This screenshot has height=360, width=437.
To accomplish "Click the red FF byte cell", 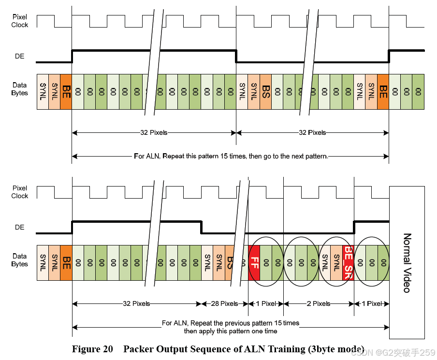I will point(254,262).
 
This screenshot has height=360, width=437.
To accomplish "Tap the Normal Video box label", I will point(407,262).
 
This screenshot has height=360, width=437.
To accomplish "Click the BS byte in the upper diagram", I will point(265,91).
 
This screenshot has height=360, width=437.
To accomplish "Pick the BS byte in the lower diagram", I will point(231,262).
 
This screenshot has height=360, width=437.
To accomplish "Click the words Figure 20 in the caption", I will point(92,349).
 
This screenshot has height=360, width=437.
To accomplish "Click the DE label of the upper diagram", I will point(19,56).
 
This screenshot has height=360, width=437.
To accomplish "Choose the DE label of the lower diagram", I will point(19,227).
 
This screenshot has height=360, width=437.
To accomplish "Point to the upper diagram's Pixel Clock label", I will point(20,21).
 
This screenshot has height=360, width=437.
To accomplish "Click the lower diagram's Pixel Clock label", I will point(20,192).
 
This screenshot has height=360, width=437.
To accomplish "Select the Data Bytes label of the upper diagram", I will point(20,89).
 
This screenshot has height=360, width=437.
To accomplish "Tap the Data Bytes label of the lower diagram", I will point(20,260).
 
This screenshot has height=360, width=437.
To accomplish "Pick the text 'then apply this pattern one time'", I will point(231,331).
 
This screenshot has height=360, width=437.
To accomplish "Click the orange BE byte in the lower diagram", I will point(66,262).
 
